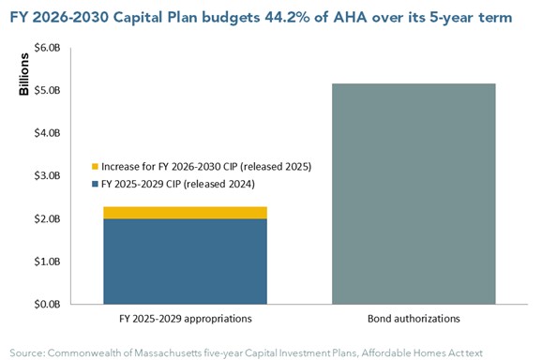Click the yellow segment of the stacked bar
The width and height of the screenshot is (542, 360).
(x=186, y=213)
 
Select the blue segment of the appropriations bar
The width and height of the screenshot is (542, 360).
(x=186, y=262)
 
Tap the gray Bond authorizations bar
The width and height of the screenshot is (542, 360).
(x=414, y=194)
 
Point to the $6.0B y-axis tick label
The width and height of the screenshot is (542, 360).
(x=47, y=48)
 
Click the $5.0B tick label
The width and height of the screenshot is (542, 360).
(x=47, y=90)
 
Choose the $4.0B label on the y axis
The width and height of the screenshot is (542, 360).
(x=47, y=133)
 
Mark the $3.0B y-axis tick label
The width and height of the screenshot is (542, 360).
(x=47, y=176)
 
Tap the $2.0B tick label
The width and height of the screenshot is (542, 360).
(x=47, y=218)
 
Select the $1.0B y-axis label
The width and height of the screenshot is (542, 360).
(x=47, y=262)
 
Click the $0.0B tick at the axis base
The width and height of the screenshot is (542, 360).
(x=47, y=304)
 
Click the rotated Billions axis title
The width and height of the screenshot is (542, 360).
(x=23, y=74)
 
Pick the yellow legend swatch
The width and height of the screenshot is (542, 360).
(x=95, y=167)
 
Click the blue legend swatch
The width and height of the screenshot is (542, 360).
(x=95, y=184)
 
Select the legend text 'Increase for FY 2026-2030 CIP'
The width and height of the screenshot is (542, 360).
(x=170, y=167)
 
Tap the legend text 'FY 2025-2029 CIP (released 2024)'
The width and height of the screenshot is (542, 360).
(x=178, y=184)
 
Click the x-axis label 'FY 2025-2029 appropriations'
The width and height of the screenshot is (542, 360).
(x=186, y=319)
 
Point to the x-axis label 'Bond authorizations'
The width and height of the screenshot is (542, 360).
(x=414, y=319)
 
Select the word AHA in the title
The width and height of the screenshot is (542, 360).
(x=350, y=17)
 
